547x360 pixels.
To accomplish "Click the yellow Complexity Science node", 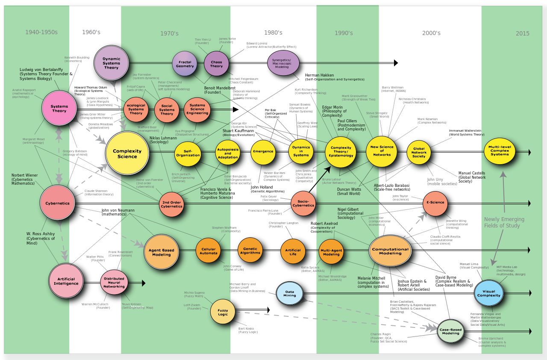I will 127,153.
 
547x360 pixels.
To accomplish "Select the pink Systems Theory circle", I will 59,108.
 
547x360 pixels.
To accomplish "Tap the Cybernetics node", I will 57,203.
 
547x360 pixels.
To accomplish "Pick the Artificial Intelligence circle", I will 66,281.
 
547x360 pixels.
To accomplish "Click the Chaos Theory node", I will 217,64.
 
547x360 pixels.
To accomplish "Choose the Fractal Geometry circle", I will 185,64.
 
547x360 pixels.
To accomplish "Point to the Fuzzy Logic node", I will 223,311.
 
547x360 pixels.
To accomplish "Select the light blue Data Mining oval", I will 289,293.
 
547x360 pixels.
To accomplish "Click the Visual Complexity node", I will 488,293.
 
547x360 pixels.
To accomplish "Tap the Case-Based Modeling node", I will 450,331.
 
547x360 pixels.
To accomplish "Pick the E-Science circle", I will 435,204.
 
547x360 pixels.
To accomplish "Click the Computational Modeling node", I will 390,251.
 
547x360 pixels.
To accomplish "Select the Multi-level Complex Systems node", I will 500,152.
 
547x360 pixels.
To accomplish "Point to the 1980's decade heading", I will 273,32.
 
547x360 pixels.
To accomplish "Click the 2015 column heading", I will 522,33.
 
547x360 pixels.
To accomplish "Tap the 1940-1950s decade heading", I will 41,32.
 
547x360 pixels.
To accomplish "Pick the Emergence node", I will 263,152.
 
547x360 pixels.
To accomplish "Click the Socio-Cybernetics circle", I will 303,203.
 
